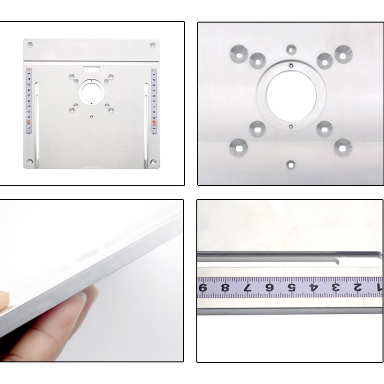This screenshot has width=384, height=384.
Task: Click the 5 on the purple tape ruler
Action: (x=291, y=288)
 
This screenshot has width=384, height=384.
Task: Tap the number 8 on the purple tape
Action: (x=225, y=288)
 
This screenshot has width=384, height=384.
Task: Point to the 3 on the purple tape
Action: (x=336, y=288)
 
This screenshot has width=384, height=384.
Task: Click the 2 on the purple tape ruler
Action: (x=357, y=288)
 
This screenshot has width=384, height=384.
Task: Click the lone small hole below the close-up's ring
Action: (x=291, y=164)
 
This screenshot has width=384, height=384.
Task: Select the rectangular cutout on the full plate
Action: (x=91, y=68)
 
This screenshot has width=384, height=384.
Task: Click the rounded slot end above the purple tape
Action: (x=337, y=262)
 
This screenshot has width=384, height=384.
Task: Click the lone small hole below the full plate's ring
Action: (x=91, y=116)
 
